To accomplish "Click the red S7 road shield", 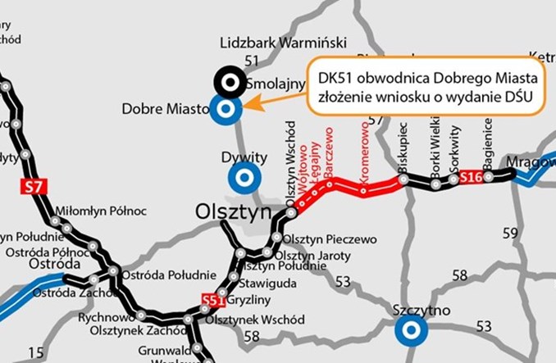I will point(33,187).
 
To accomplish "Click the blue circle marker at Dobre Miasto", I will point(226,107).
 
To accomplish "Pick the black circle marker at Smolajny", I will point(227,81).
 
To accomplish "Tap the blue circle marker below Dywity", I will point(243,177).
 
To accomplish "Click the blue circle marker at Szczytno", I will point(410,331).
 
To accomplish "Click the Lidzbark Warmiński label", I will point(285,43).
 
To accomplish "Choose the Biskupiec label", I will point(402,149).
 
